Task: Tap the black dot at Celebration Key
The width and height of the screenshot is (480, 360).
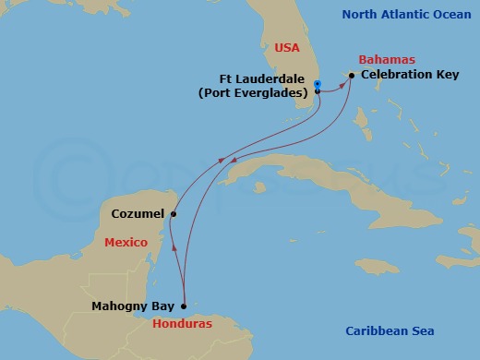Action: click(x=352, y=76)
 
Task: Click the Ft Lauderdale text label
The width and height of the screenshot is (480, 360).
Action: click(x=265, y=79)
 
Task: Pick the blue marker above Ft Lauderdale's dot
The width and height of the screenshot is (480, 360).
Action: click(x=317, y=84)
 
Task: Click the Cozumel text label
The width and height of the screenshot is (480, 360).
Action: click(x=137, y=213)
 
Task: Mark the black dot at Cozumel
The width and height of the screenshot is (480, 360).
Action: click(x=173, y=213)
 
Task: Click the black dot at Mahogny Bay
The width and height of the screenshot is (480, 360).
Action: click(x=184, y=306)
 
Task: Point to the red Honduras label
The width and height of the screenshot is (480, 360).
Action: click(x=182, y=324)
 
